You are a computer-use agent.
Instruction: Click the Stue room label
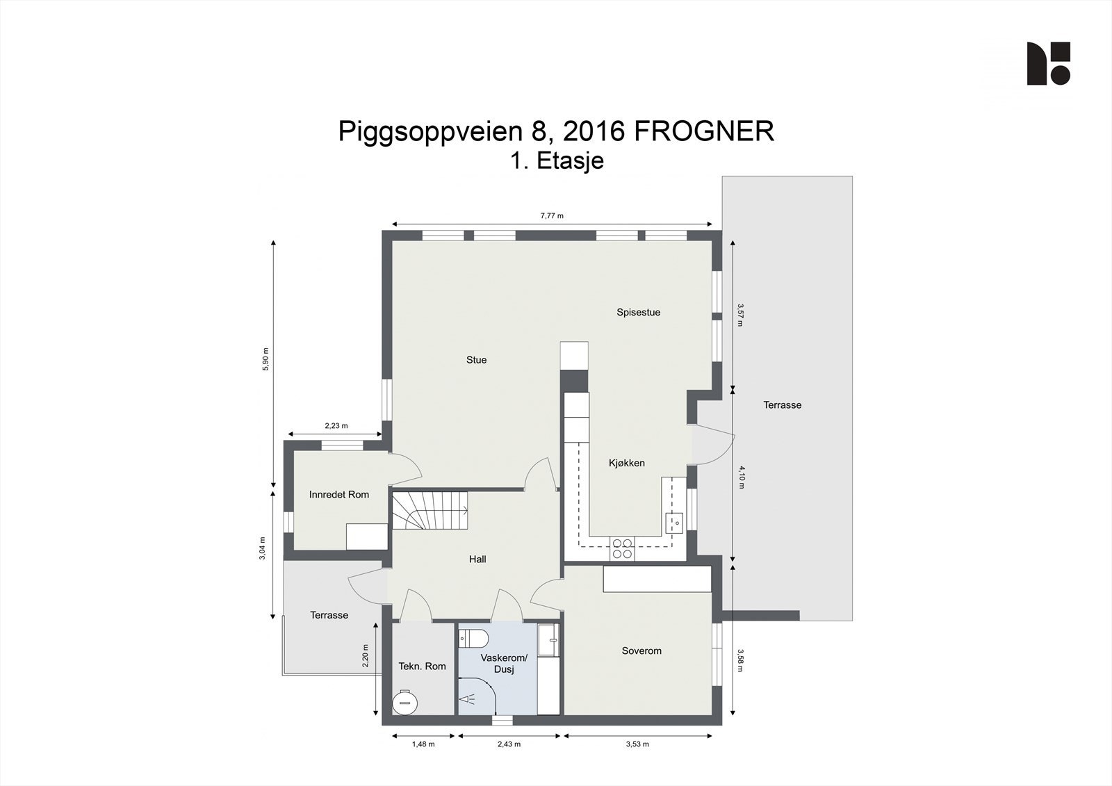pyautogui.click(x=476, y=360)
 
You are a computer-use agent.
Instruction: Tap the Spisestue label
pyautogui.click(x=638, y=313)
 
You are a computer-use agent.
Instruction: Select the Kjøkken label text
pyautogui.click(x=627, y=464)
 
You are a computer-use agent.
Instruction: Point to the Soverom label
pyautogui.click(x=641, y=651)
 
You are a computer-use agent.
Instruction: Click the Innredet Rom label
pyautogui.click(x=339, y=495)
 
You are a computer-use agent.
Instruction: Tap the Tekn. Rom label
pyautogui.click(x=422, y=666)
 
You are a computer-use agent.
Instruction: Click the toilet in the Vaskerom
pyautogui.click(x=474, y=638)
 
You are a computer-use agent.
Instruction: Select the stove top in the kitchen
pyautogui.click(x=621, y=549)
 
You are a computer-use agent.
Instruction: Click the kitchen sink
pyautogui.click(x=674, y=521)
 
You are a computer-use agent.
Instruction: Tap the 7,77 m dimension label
pyautogui.click(x=552, y=216)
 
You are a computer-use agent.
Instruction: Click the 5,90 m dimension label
pyautogui.click(x=265, y=359)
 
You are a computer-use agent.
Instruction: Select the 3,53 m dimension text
pyautogui.click(x=637, y=744)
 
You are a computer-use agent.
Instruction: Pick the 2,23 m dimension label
pyautogui.click(x=336, y=426)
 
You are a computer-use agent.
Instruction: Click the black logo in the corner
pyautogui.click(x=1048, y=63)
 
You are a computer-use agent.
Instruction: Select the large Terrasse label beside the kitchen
pyautogui.click(x=782, y=405)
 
